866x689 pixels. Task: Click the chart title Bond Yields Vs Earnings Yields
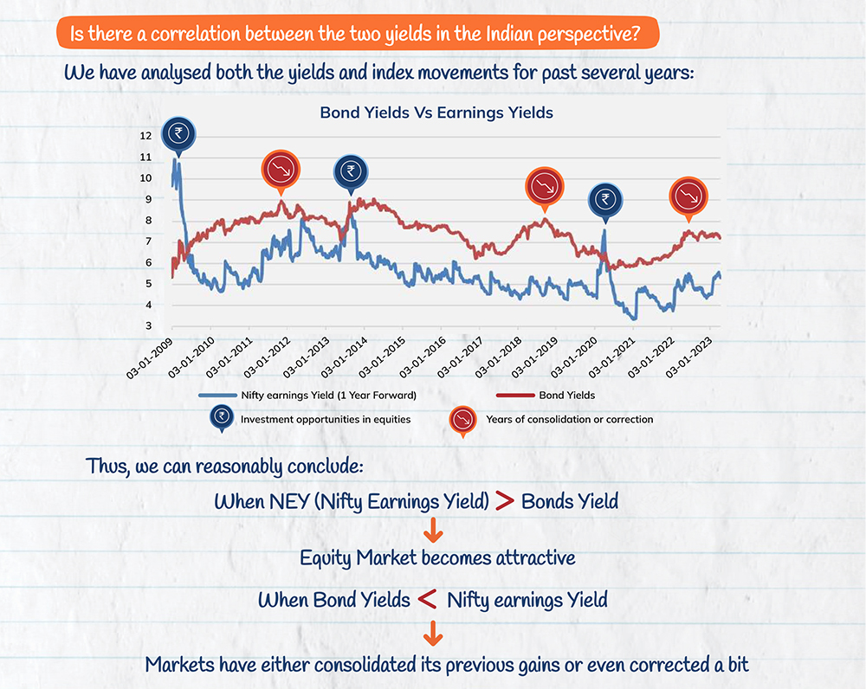436,113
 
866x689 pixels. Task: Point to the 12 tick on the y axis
145,136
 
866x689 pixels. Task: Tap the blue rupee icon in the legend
220,419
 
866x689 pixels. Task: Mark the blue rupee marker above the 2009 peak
178,134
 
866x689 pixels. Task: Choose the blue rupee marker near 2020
605,201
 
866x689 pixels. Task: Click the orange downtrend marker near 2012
280,171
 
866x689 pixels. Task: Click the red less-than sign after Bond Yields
426,598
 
